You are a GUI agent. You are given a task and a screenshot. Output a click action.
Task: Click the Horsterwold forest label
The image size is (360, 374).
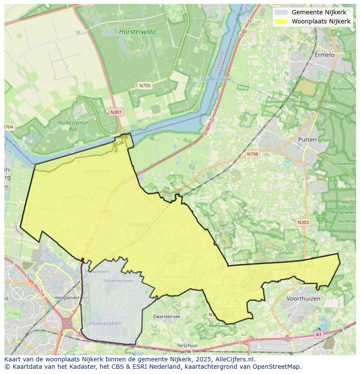(137, 32)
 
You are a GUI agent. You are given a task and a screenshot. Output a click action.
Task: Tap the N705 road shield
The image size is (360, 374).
(145, 86)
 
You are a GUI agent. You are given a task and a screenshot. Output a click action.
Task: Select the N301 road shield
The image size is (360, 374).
(116, 112)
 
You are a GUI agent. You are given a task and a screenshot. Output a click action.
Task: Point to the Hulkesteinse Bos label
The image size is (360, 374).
(73, 126)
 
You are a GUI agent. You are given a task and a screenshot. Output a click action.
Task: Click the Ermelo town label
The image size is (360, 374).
(324, 55)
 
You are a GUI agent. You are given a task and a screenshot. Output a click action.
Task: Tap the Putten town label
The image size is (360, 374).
(307, 139)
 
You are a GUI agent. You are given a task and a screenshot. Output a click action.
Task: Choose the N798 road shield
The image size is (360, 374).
(252, 154)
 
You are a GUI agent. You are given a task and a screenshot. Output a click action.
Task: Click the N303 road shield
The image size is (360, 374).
(303, 222)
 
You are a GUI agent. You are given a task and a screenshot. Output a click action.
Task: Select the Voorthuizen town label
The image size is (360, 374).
(303, 299)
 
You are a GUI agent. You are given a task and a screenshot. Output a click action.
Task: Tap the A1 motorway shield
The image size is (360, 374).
(318, 334)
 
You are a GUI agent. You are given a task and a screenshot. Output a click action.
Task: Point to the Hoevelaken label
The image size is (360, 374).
(106, 324)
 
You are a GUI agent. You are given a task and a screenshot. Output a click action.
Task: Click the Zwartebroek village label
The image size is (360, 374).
(167, 317)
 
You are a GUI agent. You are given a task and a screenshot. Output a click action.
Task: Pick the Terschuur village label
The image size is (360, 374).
(187, 346)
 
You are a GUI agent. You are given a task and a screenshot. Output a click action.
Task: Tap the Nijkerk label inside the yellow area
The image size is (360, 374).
(138, 225)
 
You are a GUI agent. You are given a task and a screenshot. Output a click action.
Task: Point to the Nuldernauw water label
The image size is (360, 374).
(216, 79)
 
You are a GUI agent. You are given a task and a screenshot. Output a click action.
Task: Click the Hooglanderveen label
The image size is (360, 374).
(72, 298)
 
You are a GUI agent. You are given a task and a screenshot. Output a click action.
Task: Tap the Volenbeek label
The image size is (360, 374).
(276, 102)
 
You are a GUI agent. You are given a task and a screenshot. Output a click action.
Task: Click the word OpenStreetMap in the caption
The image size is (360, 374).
(276, 367)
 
